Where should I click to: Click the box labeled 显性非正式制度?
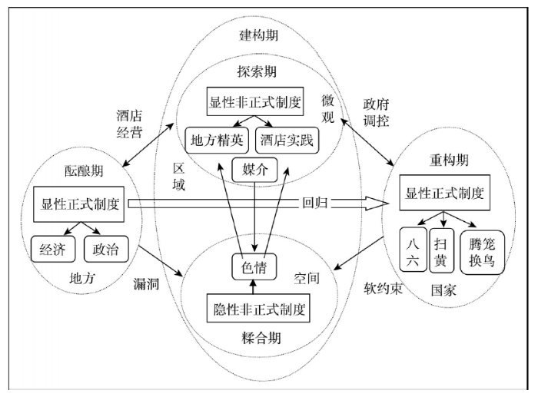[x=255, y=101]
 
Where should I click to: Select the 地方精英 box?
[x=217, y=141]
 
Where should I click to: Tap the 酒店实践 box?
[x=287, y=141]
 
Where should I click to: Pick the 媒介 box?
[x=254, y=170]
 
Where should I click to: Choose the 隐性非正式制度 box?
[x=258, y=308]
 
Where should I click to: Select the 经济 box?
[x=53, y=250]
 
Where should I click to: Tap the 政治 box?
[x=106, y=250]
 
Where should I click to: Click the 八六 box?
[x=413, y=250]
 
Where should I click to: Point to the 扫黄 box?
[x=442, y=250]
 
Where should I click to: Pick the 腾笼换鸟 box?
[x=482, y=253]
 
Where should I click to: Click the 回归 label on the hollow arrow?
[x=315, y=203]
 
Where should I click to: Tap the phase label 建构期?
[x=258, y=35]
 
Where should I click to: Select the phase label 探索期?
[x=257, y=71]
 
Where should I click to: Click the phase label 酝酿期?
[x=84, y=170]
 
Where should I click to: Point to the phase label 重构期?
[x=449, y=160]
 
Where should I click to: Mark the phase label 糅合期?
[x=261, y=338]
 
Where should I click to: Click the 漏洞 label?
[x=147, y=283]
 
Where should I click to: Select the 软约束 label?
[x=383, y=289]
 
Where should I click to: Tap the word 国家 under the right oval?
[x=443, y=291]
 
